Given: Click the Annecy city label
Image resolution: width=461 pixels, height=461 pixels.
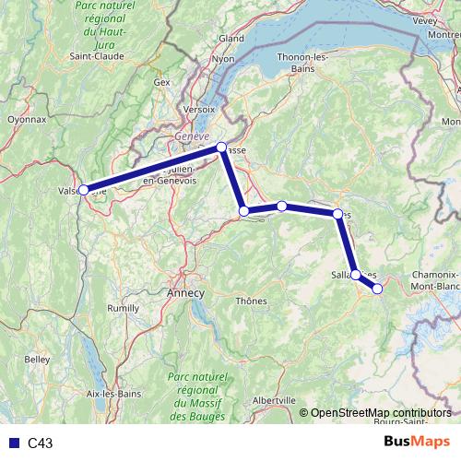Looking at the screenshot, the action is (185, 291).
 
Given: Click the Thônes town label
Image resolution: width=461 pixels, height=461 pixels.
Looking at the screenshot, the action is (252, 301).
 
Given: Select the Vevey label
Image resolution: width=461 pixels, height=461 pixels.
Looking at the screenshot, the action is (426, 18).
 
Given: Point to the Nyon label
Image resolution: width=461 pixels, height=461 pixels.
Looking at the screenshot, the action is (224, 58).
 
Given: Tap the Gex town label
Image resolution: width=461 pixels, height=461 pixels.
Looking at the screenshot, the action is (163, 82).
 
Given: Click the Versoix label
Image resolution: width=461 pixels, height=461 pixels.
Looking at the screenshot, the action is (199, 108).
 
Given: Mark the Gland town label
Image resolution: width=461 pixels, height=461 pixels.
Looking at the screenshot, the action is (230, 38).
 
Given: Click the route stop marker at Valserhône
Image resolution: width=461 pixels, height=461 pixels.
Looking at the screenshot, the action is (84, 190).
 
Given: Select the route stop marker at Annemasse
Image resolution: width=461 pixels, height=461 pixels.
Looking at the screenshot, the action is (221, 148).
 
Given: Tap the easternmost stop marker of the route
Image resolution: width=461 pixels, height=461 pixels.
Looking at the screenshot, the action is (377, 289).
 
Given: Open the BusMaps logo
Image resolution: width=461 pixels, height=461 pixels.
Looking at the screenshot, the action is (418, 442).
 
